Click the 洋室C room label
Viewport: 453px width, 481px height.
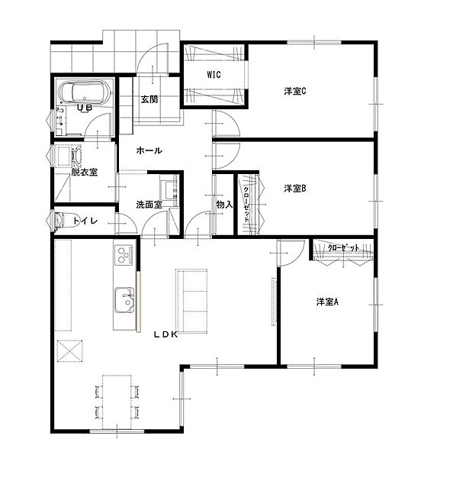295,91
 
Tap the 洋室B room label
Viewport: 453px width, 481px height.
295,189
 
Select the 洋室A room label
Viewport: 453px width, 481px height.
327,302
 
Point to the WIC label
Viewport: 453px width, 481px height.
214,75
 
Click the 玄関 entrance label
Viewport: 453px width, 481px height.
149,99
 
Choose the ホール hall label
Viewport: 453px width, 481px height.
149,150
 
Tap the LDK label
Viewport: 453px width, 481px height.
165,334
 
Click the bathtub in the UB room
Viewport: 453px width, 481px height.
85,92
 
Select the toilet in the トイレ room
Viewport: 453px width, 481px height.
61,220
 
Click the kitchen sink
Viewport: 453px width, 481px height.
124,300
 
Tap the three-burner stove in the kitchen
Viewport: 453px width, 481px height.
124,255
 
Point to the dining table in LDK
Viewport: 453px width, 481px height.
117,402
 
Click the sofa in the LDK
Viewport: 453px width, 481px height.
191,301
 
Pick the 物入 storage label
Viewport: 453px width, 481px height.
224,205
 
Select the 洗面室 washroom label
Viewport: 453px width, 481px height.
149,205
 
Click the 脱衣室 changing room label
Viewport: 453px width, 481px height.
85,172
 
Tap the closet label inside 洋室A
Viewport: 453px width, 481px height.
343,248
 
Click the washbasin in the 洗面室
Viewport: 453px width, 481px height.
169,190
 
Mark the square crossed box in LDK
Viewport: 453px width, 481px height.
70,351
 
